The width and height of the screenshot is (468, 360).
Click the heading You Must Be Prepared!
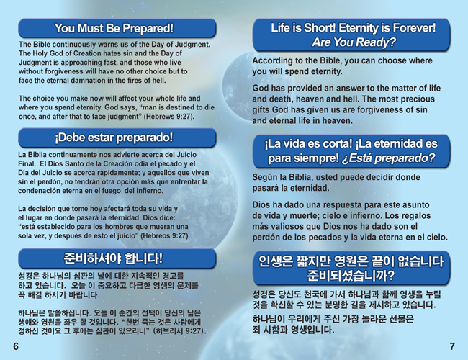[114, 28]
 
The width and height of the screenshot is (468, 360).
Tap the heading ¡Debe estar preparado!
[114, 138]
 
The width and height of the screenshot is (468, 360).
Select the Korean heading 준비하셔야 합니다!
[114, 258]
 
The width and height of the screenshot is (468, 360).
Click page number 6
[16, 346]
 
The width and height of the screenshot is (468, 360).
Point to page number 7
[452, 346]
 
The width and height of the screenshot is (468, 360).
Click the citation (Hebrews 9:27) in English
[169, 117]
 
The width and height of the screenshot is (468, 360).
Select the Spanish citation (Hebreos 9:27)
[165, 235]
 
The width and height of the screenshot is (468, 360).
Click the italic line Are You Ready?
[354, 42]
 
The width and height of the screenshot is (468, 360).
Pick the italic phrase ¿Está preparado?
[388, 158]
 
